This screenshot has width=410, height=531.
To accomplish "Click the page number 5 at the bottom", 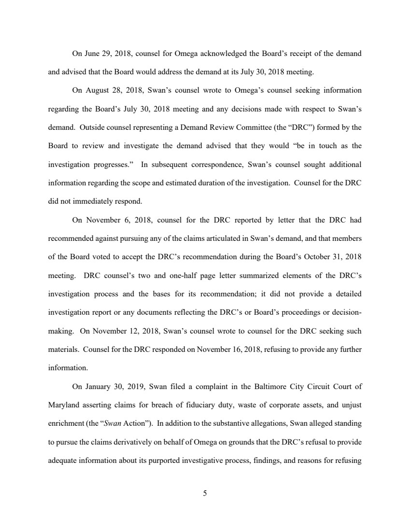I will [x=205, y=493].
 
